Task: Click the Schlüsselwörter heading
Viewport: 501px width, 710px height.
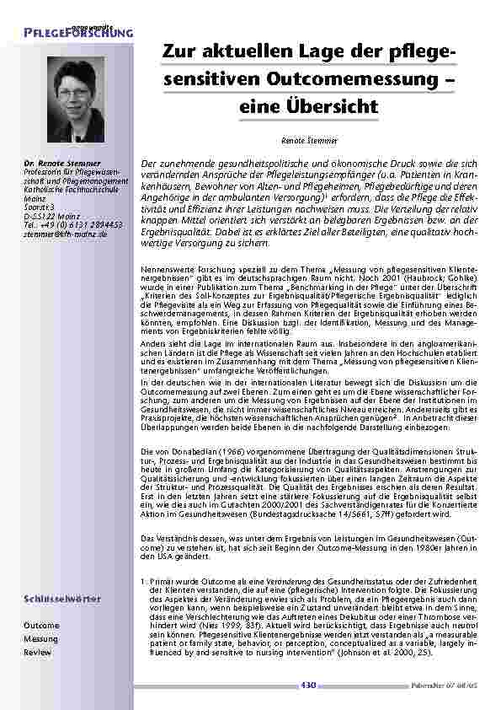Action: [62, 599]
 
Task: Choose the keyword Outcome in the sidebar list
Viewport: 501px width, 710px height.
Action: [41, 626]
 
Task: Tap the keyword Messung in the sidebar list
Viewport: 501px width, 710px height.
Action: [41, 639]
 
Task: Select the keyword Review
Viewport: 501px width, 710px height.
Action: [38, 653]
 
